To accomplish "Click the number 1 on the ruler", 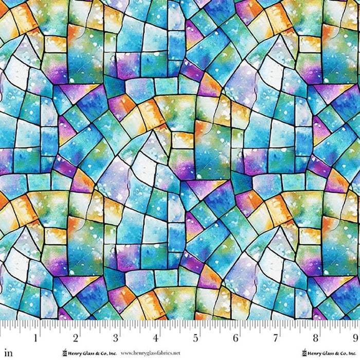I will coord(35,338).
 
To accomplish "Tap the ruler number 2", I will coord(76,338).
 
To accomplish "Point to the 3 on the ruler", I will coord(116,338).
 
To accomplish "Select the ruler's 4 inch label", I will coord(156,338).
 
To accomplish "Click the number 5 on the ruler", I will coord(196,338).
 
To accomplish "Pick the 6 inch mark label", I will coord(236,338).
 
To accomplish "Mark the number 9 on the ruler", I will coord(355,338).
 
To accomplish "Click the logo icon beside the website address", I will coord(64,353).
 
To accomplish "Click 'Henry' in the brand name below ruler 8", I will coord(314,353).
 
